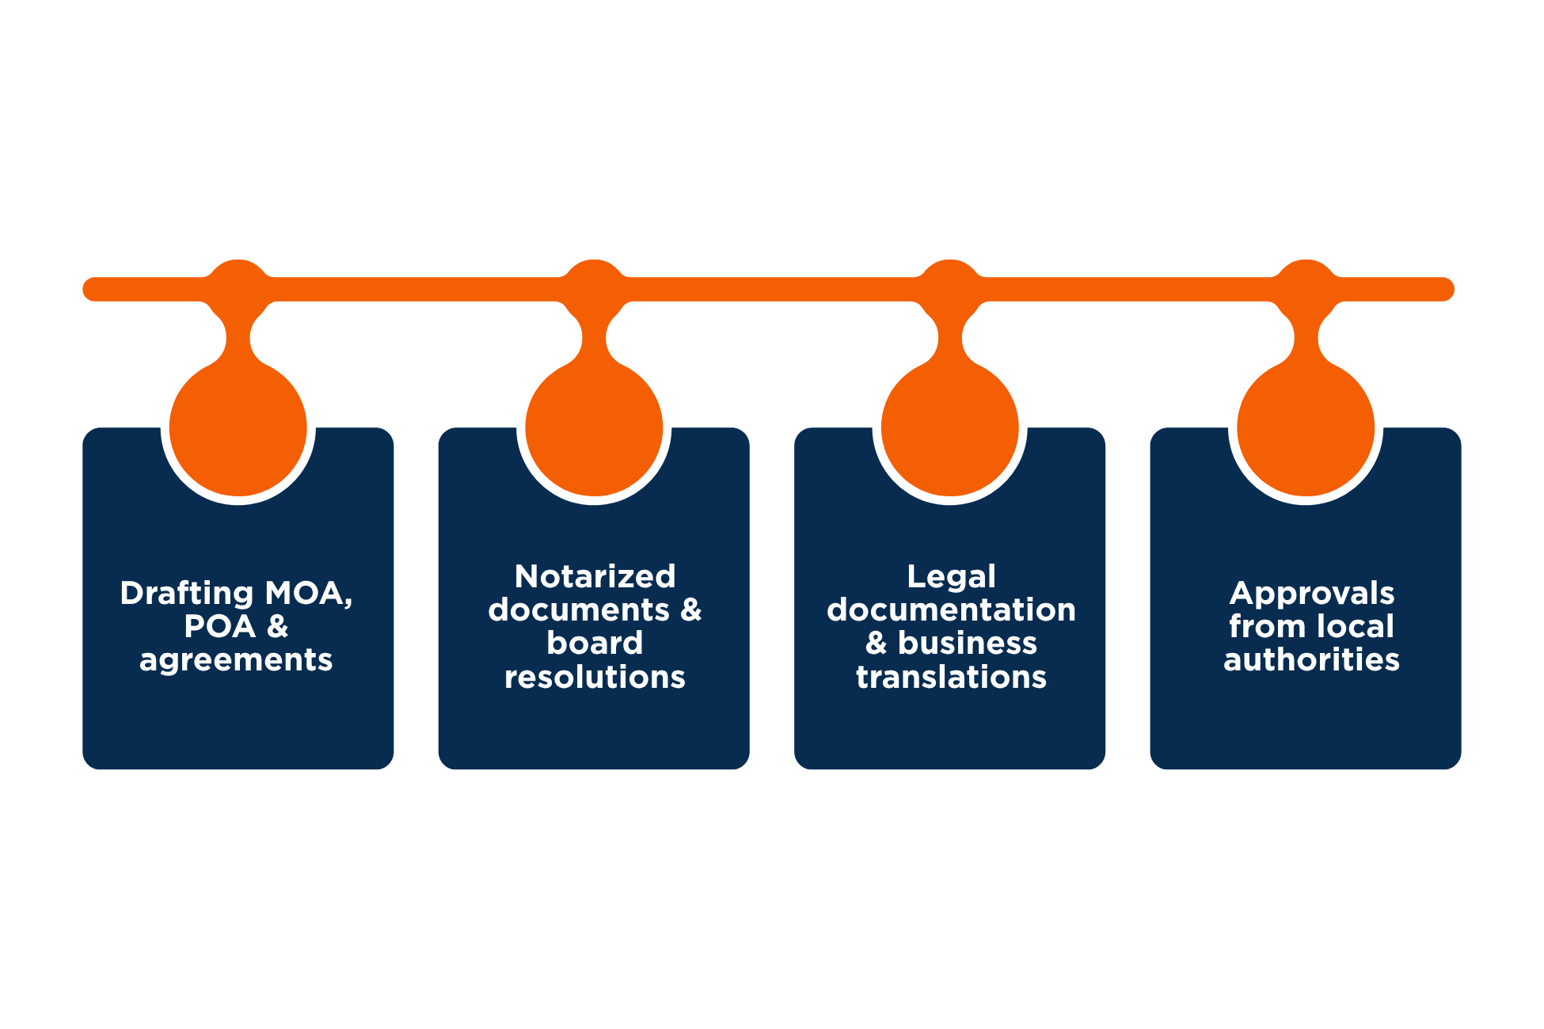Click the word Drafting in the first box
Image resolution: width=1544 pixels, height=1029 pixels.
tap(187, 594)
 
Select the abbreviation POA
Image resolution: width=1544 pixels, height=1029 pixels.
tap(219, 627)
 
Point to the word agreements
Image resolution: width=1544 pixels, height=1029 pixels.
tap(236, 660)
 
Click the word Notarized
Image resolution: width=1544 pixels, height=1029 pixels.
tap(595, 576)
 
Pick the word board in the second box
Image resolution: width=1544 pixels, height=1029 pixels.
tap(595, 643)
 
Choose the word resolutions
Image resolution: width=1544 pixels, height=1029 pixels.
tap(595, 677)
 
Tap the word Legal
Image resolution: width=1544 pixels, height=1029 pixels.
tap(951, 576)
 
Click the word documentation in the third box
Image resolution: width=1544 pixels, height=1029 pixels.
tap(951, 610)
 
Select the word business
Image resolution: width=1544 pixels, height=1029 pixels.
tap(967, 644)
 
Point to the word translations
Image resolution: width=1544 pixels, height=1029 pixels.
tap(951, 677)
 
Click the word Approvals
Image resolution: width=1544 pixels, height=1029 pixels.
tap(1312, 594)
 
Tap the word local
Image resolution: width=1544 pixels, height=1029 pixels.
tap(1355, 627)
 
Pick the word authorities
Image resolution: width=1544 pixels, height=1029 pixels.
tap(1312, 660)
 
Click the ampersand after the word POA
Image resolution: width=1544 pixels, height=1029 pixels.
tap(277, 627)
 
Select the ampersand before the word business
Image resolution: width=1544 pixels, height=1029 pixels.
tap(876, 644)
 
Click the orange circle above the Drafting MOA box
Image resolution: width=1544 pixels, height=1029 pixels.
tap(238, 428)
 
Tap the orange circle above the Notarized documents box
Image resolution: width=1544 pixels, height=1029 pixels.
tap(594, 428)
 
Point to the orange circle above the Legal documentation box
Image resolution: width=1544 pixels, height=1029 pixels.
tap(950, 428)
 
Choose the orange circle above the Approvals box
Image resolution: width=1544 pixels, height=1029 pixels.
tap(1306, 428)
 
